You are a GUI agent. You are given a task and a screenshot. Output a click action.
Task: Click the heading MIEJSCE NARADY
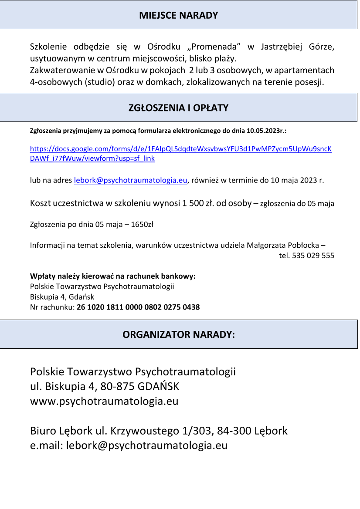[x=179, y=16]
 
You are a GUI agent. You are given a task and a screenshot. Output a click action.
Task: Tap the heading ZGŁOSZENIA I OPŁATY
[x=179, y=108]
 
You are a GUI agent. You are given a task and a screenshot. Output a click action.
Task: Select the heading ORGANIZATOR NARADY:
[x=179, y=334]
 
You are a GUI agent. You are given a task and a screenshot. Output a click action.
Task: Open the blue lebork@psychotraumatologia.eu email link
[x=131, y=180]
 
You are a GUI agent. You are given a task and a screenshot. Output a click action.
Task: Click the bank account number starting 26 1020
[x=138, y=307]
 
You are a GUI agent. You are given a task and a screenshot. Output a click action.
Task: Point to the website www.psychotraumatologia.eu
[x=104, y=401]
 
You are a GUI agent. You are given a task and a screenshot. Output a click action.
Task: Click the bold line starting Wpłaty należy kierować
[x=113, y=276]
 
